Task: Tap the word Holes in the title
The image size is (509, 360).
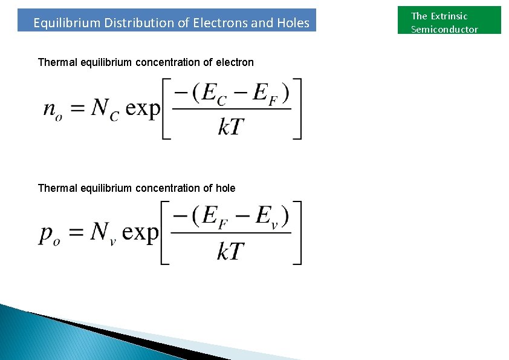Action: (293, 24)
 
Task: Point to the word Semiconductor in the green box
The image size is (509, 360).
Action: (444, 30)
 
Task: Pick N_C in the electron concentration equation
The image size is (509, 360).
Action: (105, 109)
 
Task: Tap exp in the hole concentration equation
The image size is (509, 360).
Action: (140, 233)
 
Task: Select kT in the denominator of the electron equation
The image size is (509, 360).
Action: (232, 127)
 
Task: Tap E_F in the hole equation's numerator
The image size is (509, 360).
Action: (209, 217)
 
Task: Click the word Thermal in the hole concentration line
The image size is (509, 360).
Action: (57, 188)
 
